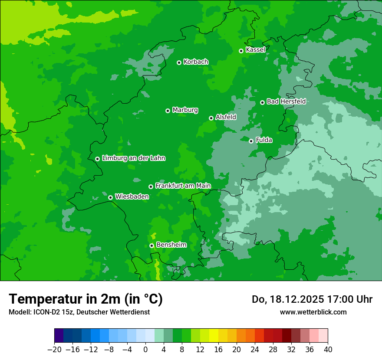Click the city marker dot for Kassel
coord(241,51)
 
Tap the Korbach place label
coord(196,62)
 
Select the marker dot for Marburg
coord(168,111)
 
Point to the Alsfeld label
coord(226,117)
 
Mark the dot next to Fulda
coord(251,141)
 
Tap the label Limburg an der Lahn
coord(133,158)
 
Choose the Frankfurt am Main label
coord(183,186)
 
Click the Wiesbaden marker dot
coord(110,197)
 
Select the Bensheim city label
coord(171,245)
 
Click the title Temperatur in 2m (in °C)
coord(86,299)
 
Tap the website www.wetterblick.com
coord(313,312)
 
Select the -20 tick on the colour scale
coord(54,350)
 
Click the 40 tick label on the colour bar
coord(328,350)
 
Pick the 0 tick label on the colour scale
coord(145,350)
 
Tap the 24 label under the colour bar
coord(255,350)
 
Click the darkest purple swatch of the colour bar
coord(59,336)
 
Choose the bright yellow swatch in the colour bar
coord(214,336)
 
